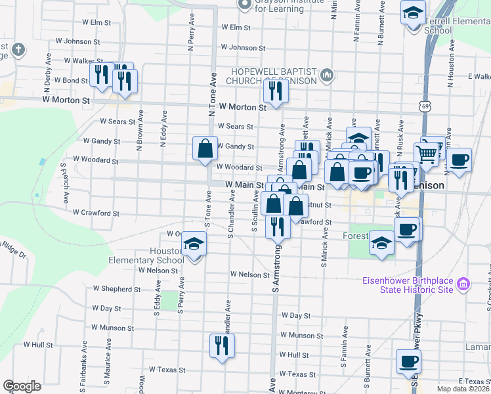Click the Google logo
22,386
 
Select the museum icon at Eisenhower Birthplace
463,284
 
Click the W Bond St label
71,80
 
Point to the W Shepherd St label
117,288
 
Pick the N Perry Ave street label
191,39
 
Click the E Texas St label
475,381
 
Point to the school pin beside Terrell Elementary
414,13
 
